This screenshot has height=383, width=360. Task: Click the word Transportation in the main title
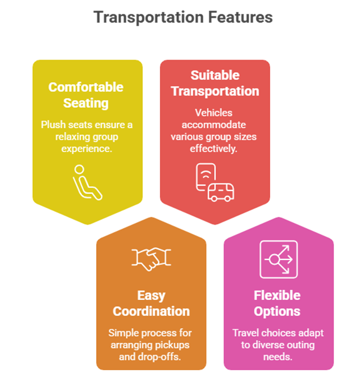[x=149, y=18]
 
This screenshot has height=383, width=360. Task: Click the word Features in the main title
[x=241, y=17]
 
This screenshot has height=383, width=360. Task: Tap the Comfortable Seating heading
[x=86, y=95]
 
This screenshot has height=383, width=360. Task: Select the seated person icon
[x=87, y=182]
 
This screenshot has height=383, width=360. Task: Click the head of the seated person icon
[x=79, y=169]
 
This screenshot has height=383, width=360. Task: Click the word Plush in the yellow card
[x=53, y=125]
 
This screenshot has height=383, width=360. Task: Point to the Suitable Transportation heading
[x=215, y=83]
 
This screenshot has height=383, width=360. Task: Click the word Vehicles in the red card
[x=213, y=112]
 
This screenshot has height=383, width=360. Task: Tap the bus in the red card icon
[x=221, y=193]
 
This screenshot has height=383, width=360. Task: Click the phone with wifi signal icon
[x=205, y=176]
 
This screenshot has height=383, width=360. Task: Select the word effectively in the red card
[x=213, y=149]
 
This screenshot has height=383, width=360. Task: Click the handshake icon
[x=151, y=259]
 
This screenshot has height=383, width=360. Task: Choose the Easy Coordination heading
[x=151, y=303]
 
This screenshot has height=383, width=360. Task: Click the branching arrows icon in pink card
[x=279, y=259]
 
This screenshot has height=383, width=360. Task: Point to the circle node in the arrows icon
[x=275, y=259]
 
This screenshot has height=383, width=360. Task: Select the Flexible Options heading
[x=277, y=303]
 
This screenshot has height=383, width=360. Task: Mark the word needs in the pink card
[x=278, y=357]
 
